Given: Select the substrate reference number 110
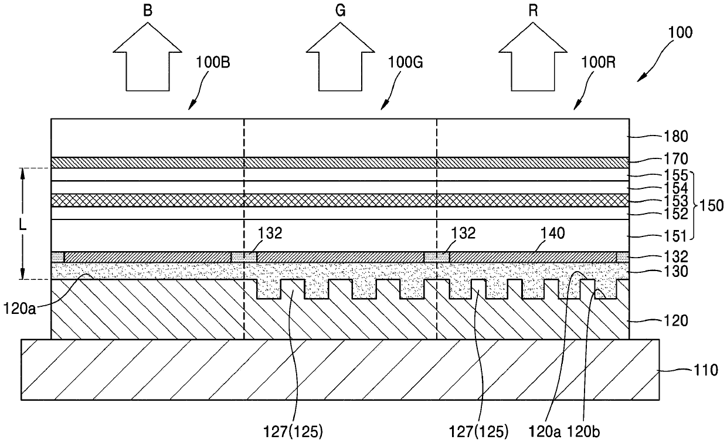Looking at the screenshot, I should pos(700,370).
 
